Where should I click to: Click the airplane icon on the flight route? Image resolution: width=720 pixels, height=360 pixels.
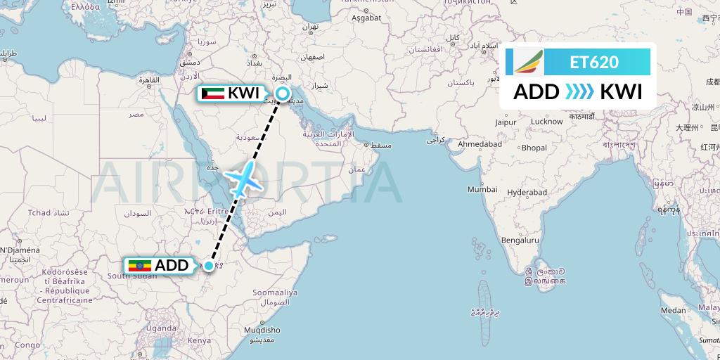pos(244,179)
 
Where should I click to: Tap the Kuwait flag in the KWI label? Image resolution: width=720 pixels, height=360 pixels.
pos(212,94)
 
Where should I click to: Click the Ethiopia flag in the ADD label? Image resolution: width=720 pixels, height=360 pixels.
pos(140,266)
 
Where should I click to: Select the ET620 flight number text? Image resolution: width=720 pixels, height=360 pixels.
pos(594,63)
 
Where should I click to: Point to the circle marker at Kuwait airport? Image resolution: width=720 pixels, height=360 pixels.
pos(283,94)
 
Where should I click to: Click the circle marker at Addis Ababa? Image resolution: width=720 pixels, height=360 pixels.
pos(209,266)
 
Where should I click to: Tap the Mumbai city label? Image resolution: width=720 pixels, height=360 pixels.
pos(482,190)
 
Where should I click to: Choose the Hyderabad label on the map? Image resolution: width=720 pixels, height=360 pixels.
pos(527,192)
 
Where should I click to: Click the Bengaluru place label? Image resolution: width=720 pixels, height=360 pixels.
pos(520,240)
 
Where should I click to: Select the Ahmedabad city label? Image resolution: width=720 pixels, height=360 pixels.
pos(480,144)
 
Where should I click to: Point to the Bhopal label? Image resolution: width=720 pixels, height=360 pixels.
pos(534,148)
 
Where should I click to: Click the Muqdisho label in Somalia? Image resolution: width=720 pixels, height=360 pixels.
pos(260,330)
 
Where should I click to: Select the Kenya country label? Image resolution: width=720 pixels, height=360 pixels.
pos(200,340)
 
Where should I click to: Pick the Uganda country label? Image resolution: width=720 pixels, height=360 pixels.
pos(162,328)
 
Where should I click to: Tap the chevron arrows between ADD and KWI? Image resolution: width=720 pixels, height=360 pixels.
pos(579,92)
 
